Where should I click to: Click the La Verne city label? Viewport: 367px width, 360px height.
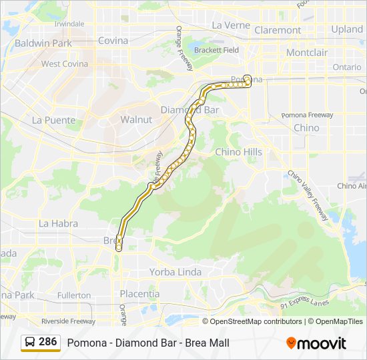click(x=230, y=25)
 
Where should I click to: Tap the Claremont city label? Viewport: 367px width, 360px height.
click(x=278, y=30)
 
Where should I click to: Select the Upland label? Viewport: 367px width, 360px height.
click(x=347, y=29)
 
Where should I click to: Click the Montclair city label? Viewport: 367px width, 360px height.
click(x=306, y=52)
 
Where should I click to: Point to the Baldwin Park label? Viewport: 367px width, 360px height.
click(x=43, y=43)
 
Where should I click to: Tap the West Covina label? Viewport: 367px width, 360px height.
click(x=65, y=64)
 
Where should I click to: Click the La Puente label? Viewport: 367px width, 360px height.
click(x=53, y=120)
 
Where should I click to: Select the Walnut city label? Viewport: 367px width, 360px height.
click(x=136, y=119)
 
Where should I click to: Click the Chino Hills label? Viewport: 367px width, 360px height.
click(x=238, y=152)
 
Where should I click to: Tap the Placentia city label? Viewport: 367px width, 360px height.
click(x=139, y=293)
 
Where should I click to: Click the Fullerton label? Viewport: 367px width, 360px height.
click(x=73, y=295)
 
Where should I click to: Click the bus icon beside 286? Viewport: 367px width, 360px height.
click(x=30, y=342)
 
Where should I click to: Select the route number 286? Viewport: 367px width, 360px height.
click(x=47, y=342)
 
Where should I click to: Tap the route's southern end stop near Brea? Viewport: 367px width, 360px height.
click(x=119, y=247)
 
